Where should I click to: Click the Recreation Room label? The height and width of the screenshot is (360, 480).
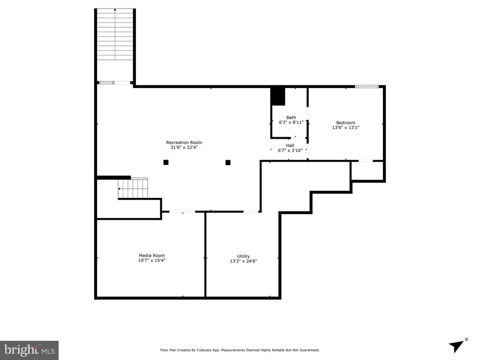coord(184,142)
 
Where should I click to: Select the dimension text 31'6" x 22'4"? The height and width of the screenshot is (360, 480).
coord(184,148)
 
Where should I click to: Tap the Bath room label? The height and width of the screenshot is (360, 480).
coord(291,118)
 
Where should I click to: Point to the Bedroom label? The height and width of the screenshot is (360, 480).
coord(345,123)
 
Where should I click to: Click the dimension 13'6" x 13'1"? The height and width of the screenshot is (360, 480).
coord(345,127)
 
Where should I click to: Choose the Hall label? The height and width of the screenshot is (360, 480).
coord(290,145)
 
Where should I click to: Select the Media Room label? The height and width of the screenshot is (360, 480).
coord(151,255)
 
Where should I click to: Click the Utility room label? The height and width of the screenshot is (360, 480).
coord(243,256)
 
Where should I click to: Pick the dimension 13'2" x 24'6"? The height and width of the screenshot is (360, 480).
coord(243,261)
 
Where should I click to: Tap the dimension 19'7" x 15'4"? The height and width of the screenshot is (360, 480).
coord(151,260)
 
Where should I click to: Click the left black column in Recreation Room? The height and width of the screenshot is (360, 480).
coord(166,163)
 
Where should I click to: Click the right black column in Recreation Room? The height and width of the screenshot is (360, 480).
coord(228,163)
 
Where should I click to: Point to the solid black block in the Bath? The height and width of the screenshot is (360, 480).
coord(278,97)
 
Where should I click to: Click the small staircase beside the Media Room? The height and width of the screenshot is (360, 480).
coord(133,188)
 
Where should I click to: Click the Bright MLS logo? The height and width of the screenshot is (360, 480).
coord(29,350)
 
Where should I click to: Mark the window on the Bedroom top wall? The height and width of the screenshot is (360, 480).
coord(366,86)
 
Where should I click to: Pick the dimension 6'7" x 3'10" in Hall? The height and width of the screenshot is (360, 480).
coord(290,150)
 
